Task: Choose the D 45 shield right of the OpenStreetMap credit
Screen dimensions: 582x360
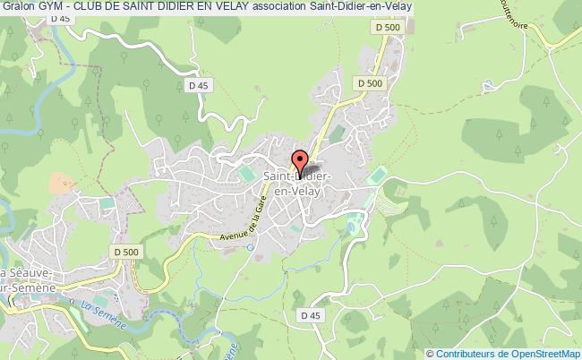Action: coord(311,316)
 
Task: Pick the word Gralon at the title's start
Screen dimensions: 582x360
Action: coord(17,7)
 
